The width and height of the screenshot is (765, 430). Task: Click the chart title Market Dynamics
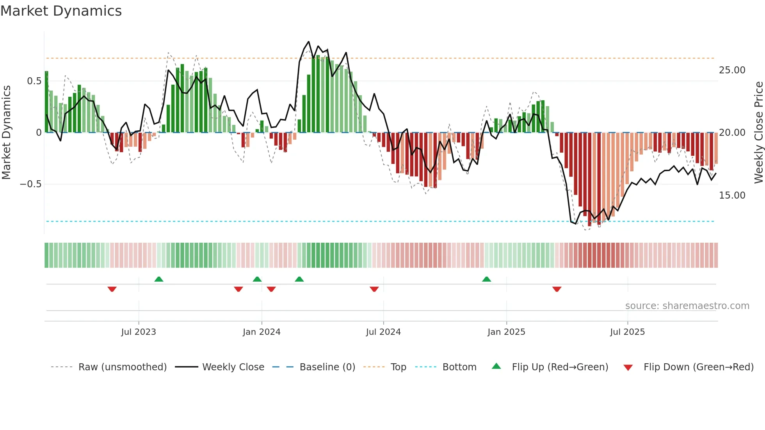coord(61,11)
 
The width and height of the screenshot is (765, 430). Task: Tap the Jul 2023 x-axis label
coord(139,332)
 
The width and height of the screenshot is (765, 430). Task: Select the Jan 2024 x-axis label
coord(262,332)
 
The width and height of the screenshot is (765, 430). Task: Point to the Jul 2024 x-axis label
coord(383,332)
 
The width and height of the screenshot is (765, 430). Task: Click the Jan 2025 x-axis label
coord(506,332)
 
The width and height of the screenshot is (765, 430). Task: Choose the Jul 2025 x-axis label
coord(628,332)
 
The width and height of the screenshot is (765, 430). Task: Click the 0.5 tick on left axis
coord(34,81)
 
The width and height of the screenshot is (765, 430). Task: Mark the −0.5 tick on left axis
coord(30,184)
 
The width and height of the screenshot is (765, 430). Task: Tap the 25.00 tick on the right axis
coord(732,70)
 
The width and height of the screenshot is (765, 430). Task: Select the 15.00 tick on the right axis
coord(732,195)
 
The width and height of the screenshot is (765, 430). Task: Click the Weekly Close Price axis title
coord(758,132)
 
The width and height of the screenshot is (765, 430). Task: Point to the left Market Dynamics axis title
coord(6,132)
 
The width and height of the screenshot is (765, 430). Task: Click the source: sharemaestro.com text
coord(687,306)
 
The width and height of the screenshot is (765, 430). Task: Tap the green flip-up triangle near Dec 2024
coord(486,279)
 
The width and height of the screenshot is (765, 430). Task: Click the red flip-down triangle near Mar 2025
coord(557,289)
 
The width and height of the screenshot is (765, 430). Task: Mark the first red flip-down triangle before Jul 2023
coord(112,289)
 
